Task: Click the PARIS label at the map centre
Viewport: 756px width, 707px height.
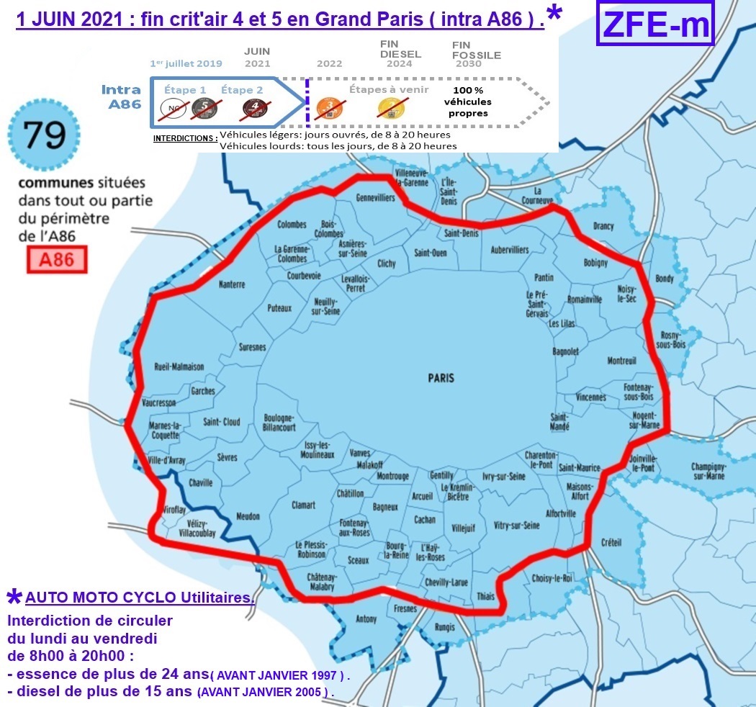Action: click(x=441, y=378)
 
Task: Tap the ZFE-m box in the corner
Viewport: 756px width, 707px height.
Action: click(x=654, y=25)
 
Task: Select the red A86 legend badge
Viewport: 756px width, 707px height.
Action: click(x=57, y=259)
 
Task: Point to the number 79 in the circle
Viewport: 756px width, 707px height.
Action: click(x=45, y=135)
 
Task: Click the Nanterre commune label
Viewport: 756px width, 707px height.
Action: click(x=232, y=284)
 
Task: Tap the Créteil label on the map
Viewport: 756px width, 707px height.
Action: click(x=610, y=542)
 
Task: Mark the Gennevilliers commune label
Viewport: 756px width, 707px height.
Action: click(x=376, y=197)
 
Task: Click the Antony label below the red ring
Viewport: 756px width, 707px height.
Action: click(x=366, y=619)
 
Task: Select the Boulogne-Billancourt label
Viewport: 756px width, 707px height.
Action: click(x=279, y=423)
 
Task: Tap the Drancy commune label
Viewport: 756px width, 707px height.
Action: click(x=603, y=226)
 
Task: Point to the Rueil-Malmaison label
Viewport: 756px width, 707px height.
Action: click(x=179, y=366)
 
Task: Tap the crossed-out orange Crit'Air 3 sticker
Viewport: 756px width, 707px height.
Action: click(x=330, y=108)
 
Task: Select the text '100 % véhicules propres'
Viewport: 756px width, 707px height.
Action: click(x=467, y=102)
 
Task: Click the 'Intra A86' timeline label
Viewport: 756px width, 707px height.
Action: click(x=120, y=96)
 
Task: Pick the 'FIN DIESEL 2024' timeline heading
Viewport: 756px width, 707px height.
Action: click(x=400, y=54)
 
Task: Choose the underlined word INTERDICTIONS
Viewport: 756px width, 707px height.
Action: click(x=185, y=138)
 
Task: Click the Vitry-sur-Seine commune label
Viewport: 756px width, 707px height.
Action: click(x=517, y=526)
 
